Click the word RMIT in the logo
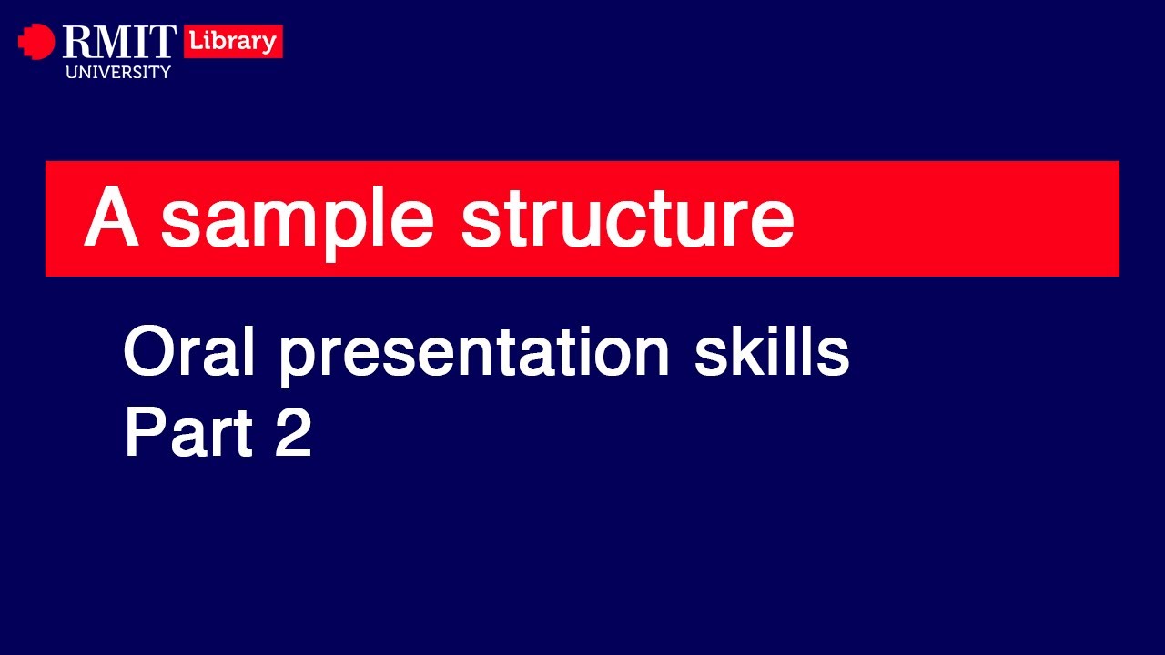tap(119, 43)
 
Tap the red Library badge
tap(233, 42)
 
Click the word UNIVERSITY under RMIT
tap(117, 72)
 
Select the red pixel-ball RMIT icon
tap(36, 42)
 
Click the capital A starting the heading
tap(111, 218)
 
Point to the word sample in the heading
tap(297, 221)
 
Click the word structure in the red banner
tap(627, 221)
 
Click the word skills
tap(772, 353)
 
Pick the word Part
tap(187, 433)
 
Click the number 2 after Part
tap(293, 433)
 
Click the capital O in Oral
tap(147, 353)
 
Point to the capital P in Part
tap(143, 433)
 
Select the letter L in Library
tap(194, 42)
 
